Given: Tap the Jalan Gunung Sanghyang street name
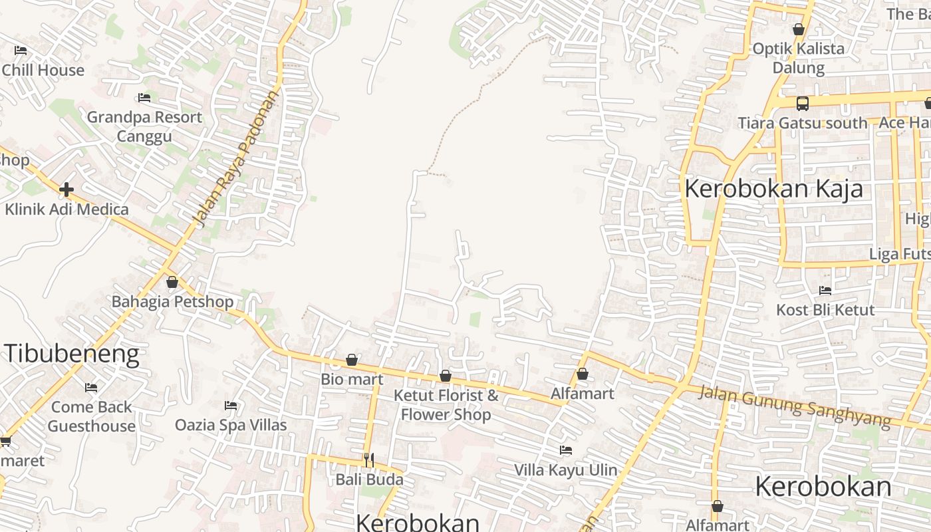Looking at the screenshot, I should pos(794,406).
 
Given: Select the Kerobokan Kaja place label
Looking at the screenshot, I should pos(773,188).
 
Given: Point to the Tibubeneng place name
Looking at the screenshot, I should pos(72,353).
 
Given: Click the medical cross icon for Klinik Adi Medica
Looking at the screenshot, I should pos(66,190).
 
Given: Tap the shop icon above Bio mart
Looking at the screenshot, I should pos(352,360).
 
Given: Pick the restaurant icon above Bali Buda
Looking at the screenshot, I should pos(369,460).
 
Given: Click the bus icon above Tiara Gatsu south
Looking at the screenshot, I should pos(803,103).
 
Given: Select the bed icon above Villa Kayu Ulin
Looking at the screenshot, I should pos(566,450).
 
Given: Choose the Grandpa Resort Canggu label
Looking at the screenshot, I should pos(144,126).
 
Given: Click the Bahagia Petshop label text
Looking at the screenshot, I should pos(172,302).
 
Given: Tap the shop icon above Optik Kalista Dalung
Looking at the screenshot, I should pos(799,29).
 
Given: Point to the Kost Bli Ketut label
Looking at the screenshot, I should pos(825,310).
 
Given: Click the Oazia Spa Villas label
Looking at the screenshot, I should pos(231,425).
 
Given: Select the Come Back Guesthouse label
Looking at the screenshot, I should pos(92,416).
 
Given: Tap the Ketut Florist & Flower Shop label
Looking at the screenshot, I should pos(446,404).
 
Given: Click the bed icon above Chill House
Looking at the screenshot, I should pos(21,50).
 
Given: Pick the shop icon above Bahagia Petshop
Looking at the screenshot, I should pos(172,282).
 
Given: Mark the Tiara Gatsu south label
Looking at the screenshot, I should pos(803,123).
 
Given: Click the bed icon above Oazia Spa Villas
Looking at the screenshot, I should pos(231,405).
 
